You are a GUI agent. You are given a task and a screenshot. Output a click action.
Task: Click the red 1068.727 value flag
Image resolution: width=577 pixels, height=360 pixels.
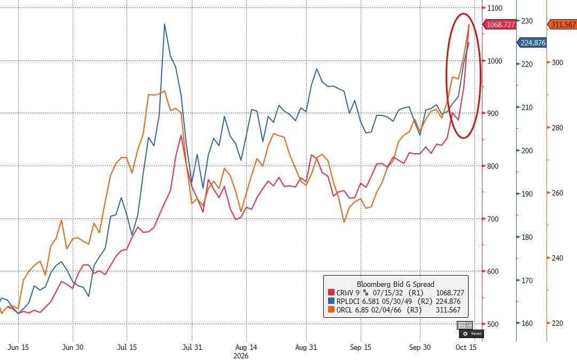(499, 25)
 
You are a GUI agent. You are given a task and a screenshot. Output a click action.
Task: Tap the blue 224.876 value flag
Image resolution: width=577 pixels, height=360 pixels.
(532, 43)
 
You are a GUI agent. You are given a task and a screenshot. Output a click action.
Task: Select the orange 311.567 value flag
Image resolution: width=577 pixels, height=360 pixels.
(562, 25)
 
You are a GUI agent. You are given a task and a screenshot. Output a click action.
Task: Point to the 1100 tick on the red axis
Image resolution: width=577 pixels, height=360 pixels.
(495, 7)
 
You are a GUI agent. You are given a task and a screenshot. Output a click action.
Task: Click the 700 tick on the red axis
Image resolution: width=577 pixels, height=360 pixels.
(493, 219)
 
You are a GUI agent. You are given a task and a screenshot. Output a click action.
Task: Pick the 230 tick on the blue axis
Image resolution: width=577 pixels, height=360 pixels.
(527, 21)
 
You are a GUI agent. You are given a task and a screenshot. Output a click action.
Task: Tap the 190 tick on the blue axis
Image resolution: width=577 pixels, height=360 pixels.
(527, 194)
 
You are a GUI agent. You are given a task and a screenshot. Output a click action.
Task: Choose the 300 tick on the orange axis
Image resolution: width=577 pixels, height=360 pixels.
(557, 62)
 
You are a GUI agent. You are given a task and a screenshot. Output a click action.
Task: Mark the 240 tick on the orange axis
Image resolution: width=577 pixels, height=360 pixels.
(557, 258)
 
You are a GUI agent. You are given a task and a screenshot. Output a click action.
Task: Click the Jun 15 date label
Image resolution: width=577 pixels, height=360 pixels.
(18, 348)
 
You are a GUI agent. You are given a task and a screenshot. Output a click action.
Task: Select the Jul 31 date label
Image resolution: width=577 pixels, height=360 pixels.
(192, 348)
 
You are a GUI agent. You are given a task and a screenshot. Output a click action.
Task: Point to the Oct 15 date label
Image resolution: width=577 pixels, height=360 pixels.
(466, 348)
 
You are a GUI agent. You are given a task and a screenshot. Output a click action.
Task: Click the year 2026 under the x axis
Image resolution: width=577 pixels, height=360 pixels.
(240, 356)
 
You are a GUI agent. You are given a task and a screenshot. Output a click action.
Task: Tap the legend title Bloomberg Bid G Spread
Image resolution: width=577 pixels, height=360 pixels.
(395, 284)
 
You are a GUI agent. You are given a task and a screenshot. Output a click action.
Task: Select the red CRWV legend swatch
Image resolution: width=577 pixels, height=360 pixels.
(331, 293)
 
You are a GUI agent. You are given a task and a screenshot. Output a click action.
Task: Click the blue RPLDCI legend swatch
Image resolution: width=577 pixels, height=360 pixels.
(331, 302)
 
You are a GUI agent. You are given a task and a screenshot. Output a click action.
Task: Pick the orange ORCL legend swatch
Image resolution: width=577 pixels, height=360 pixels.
(331, 310)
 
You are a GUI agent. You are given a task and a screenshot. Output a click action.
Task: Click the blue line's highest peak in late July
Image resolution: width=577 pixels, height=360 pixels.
(165, 24)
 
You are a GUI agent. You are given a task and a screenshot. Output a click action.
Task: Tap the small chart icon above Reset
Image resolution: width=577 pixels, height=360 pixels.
(462, 325)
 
